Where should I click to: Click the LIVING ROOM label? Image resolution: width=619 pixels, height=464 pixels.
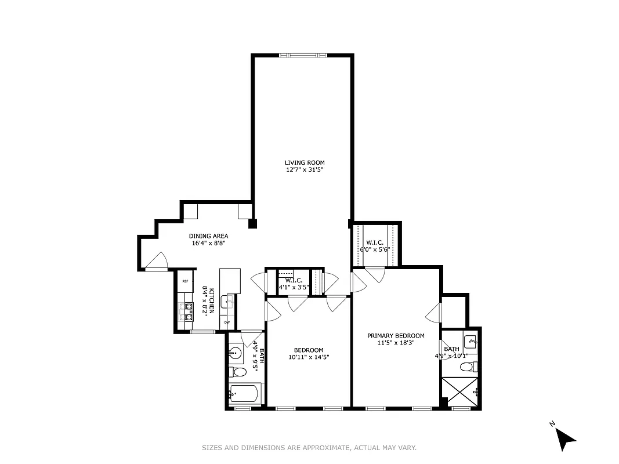click(304, 162)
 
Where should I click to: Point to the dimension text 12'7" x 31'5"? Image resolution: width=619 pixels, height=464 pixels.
click(304, 170)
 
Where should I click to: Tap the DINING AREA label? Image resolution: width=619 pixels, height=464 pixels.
click(208, 236)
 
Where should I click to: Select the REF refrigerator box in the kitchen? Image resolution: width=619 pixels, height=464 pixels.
click(185, 281)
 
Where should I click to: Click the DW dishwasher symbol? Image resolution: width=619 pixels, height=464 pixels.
click(227, 322)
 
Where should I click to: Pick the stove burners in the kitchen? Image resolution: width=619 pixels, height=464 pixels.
click(189, 311)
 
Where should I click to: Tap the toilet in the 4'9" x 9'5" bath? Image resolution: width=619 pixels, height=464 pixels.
click(237, 371)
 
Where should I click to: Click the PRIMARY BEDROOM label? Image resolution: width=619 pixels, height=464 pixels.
click(396, 335)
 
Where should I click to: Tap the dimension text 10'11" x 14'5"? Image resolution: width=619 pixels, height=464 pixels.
click(308, 357)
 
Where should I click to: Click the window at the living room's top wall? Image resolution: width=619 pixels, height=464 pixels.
click(303, 55)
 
